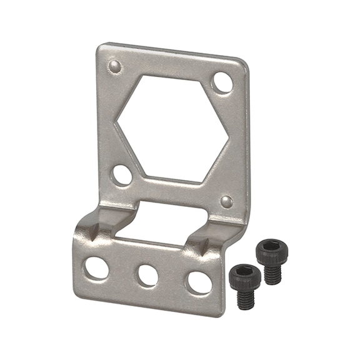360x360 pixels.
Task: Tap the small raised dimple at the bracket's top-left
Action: pos(114,66)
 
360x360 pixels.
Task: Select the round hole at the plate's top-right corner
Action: pos(222,82)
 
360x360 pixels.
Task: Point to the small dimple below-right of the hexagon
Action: pos(227,201)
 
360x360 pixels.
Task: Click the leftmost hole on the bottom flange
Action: pos(96,267)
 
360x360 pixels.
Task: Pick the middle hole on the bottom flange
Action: pos(147,275)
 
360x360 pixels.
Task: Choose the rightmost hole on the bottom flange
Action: pos(199,282)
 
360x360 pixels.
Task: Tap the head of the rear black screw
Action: pos(269,249)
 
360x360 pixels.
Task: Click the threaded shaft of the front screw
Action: pos(244,296)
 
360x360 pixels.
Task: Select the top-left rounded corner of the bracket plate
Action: pos(101,46)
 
